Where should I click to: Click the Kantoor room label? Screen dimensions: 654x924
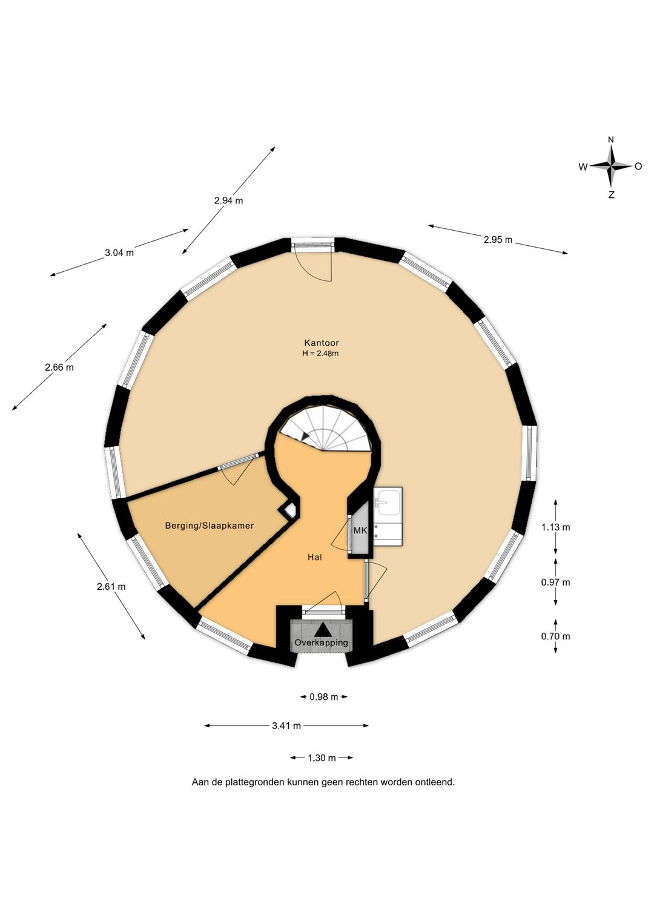point(322,342)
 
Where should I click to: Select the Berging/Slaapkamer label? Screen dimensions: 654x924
point(209,526)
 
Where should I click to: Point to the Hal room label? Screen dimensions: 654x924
point(314,557)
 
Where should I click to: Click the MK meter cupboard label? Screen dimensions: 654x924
point(360,531)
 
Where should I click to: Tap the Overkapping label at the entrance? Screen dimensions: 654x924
point(321,642)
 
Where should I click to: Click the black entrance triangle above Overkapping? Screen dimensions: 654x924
point(321,630)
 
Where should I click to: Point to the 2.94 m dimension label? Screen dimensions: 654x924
point(228,201)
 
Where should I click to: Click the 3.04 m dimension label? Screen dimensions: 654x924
point(119,253)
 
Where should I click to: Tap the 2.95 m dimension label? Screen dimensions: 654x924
point(498,239)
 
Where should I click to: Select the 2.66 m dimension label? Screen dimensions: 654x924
point(59,367)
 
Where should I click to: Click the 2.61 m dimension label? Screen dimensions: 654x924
point(111,587)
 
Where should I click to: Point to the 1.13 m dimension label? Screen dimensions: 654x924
point(555,527)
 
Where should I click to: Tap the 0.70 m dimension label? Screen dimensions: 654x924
point(555,636)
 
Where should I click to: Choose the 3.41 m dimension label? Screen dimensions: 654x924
point(286,726)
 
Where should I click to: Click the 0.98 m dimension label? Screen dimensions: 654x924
point(323,697)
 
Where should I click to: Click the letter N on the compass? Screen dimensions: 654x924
point(611,140)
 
